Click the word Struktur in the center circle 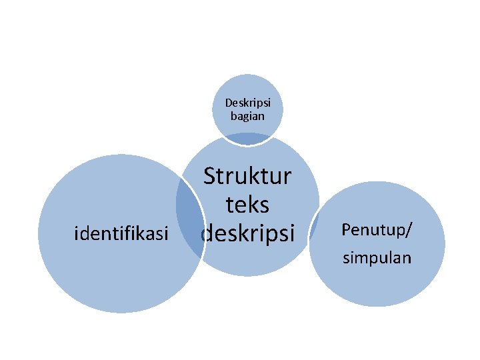tap(247, 177)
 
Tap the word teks tap(247, 205)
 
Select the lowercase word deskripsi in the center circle tap(247, 232)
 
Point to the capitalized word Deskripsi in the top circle tap(247, 103)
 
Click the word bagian tap(247, 115)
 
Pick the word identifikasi tap(121, 233)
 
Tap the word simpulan tap(377, 257)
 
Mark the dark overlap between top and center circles tap(247, 139)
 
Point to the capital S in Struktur tap(210, 177)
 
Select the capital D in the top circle tap(229, 103)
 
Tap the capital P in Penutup tap(346, 229)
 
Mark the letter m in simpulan tap(361, 258)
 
